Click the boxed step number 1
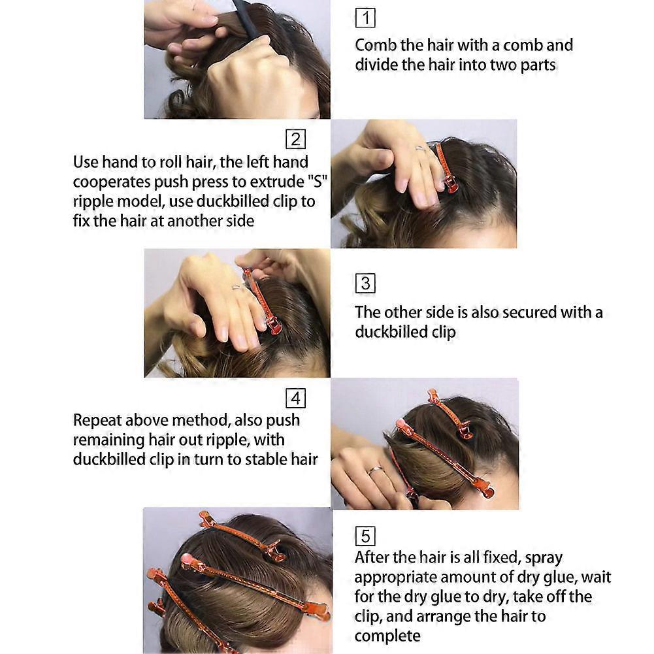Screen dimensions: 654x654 [x=365, y=18]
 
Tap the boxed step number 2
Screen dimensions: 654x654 [x=295, y=139]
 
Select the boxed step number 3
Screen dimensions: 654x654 [x=365, y=284]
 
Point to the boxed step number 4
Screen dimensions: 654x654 [x=295, y=399]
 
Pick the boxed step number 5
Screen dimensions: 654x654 [x=365, y=536]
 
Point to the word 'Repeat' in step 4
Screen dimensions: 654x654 [x=97, y=421]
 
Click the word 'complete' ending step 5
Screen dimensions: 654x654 [x=387, y=636]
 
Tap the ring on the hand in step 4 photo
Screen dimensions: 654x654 [x=376, y=470]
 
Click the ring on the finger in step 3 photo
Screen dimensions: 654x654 [x=237, y=287]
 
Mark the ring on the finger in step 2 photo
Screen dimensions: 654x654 [x=421, y=148]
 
